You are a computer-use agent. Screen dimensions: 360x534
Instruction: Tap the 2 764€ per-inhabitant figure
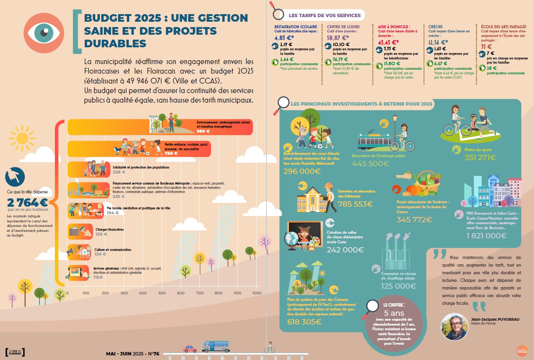tap(27, 202)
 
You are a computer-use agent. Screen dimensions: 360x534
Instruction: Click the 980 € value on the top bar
tap(203, 131)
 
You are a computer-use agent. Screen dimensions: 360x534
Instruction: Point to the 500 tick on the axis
tap(162, 293)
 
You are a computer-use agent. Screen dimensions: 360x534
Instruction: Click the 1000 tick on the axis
tap(257, 293)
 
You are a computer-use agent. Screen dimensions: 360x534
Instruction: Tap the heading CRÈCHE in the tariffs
tap(435, 27)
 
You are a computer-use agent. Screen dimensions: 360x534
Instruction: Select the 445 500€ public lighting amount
tap(370, 164)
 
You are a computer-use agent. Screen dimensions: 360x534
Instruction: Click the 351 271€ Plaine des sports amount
tap(480, 157)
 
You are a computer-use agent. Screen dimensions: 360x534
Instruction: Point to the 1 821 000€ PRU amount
tap(486, 236)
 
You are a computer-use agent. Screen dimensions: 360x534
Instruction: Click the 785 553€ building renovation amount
tap(355, 204)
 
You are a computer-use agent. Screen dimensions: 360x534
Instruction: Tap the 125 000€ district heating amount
tap(398, 286)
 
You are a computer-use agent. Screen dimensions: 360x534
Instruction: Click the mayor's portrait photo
tap(454, 327)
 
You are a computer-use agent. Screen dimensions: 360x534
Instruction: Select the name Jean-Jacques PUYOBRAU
tap(495, 319)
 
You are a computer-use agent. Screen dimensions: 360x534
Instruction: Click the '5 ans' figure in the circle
tap(394, 313)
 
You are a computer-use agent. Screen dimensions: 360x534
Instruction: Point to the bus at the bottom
tap(216, 346)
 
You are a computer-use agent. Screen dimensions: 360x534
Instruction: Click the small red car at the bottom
tap(190, 349)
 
